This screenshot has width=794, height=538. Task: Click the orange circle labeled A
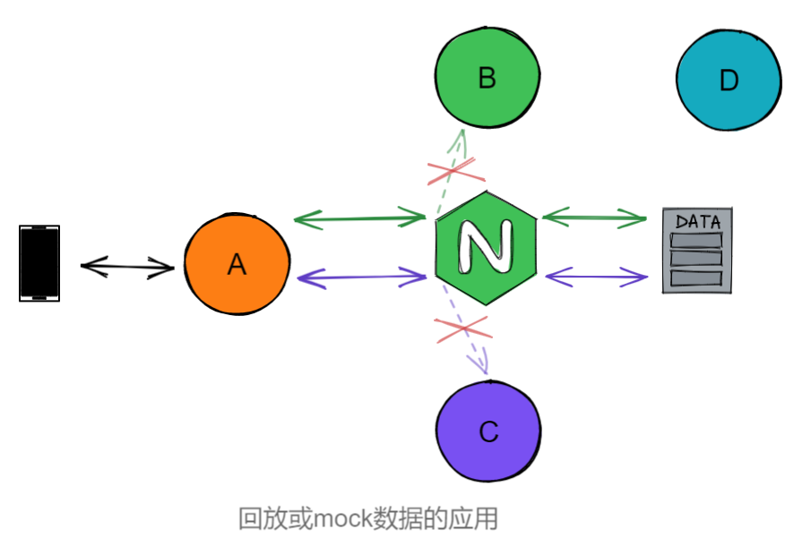click(x=237, y=263)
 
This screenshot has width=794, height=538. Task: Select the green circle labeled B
click(x=487, y=78)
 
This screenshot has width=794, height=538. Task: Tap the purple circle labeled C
click(x=488, y=431)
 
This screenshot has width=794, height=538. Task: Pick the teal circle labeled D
click(x=728, y=81)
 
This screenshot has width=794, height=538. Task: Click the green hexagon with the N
click(x=486, y=243)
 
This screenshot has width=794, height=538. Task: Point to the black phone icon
click(x=39, y=262)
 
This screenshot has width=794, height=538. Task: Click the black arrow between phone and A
click(x=127, y=266)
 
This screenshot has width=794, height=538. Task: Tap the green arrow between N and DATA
click(x=595, y=217)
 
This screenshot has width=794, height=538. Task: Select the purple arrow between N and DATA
click(x=596, y=277)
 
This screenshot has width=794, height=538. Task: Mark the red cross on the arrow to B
click(x=451, y=170)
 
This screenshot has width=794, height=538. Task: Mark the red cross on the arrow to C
click(x=462, y=328)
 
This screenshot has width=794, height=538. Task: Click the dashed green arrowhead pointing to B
click(x=461, y=136)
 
